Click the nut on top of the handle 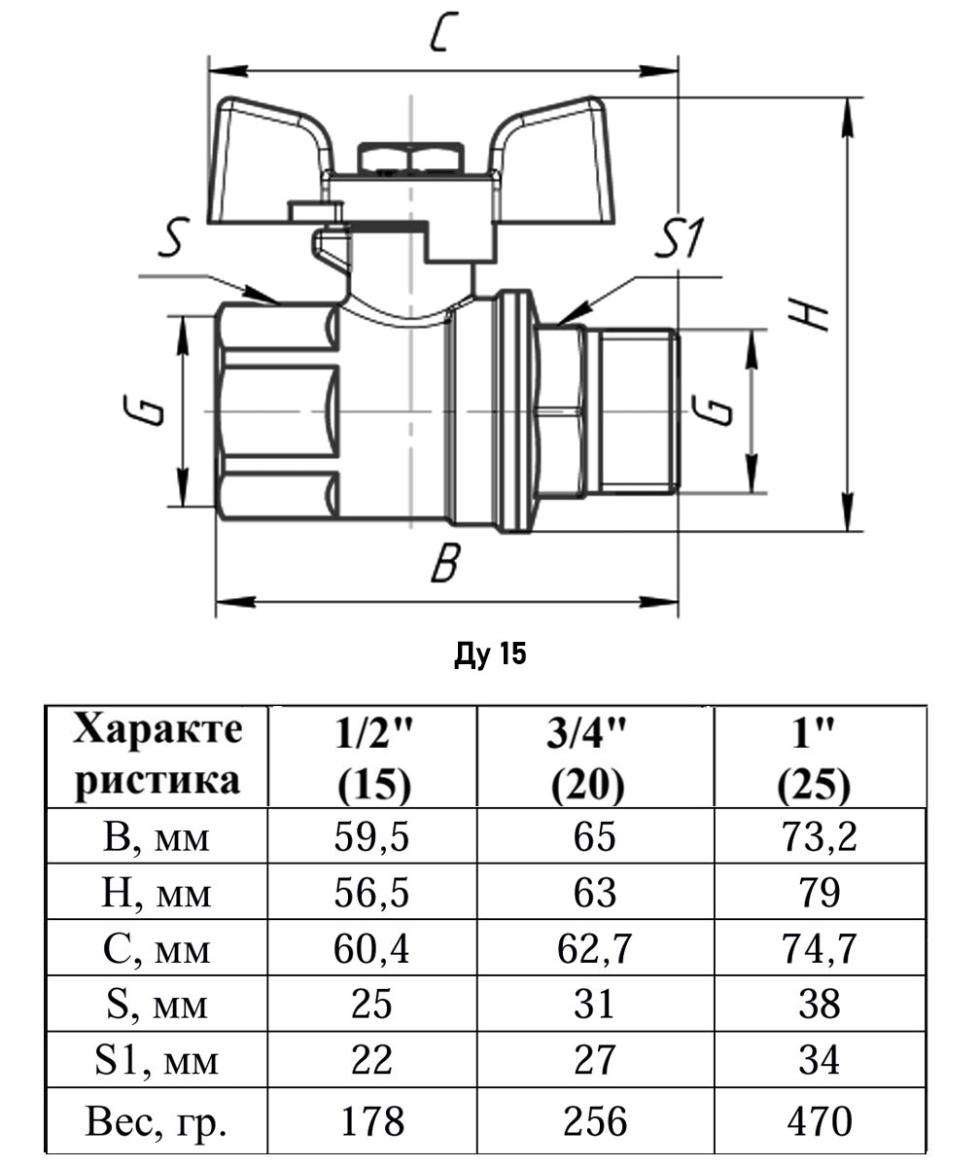pyautogui.click(x=411, y=158)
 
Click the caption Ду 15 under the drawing pyautogui.click(x=490, y=654)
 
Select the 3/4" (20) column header pyautogui.click(x=595, y=756)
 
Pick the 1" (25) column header pyautogui.click(x=819, y=756)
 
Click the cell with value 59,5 pyautogui.click(x=372, y=836)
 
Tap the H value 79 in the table pyautogui.click(x=819, y=892)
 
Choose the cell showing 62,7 pyautogui.click(x=595, y=947)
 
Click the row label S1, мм pyautogui.click(x=157, y=1060)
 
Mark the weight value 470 pyautogui.click(x=819, y=1120)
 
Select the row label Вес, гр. pyautogui.click(x=157, y=1120)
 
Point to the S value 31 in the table pyautogui.click(x=595, y=1003)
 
